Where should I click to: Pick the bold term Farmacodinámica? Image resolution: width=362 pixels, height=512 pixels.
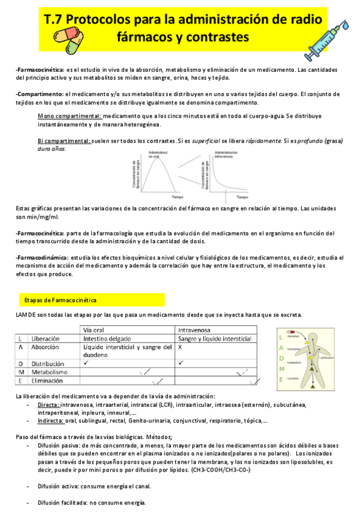coord(42,257)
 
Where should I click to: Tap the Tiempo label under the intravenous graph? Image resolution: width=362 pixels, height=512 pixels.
coord(241,197)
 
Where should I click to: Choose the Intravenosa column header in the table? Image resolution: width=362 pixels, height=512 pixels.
coord(197,330)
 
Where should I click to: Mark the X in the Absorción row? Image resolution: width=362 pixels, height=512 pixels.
coord(181,348)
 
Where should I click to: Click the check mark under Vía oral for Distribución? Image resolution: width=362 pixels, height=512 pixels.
coord(86,363)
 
